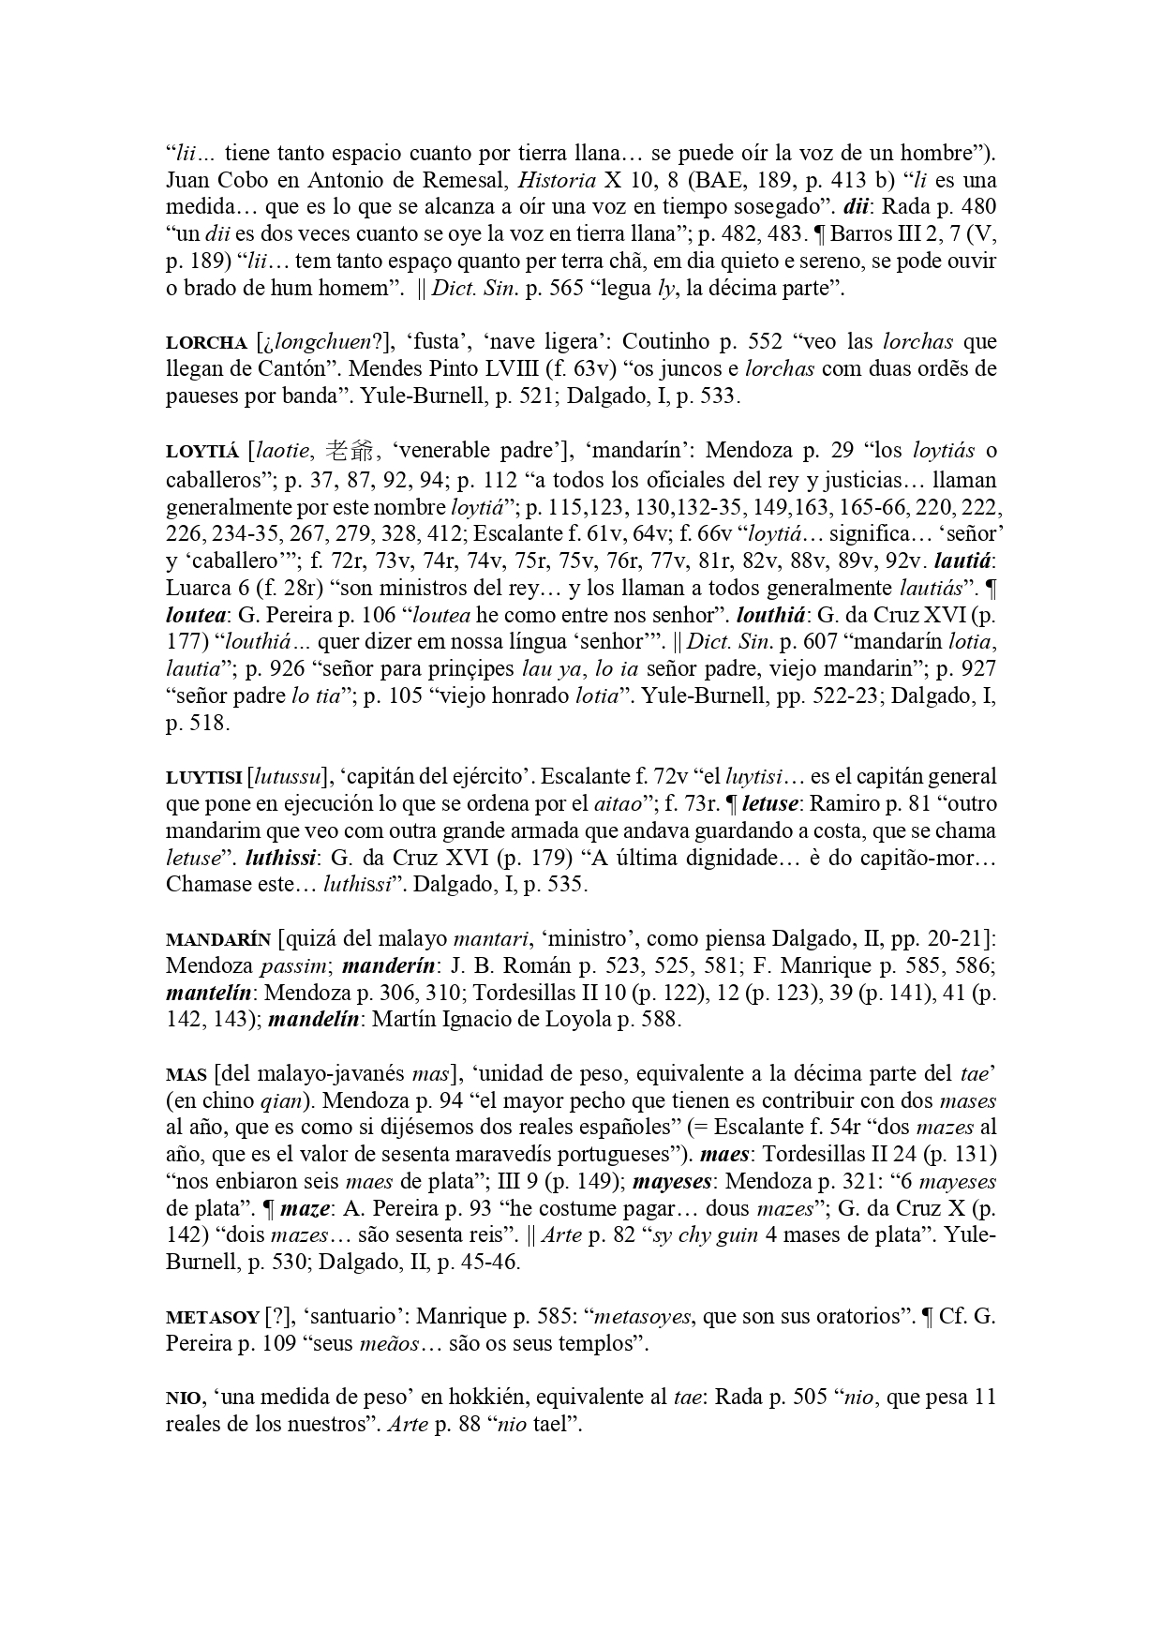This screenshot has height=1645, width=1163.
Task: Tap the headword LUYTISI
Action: pos(203,777)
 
